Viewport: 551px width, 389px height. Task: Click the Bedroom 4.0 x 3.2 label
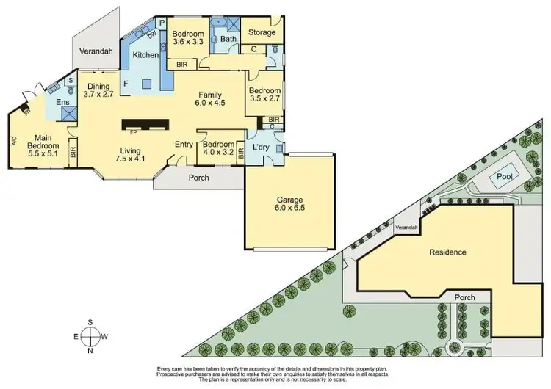217,148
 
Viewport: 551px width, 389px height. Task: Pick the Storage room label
262,32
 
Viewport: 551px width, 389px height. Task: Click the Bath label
227,39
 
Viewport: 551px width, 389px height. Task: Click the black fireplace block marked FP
145,124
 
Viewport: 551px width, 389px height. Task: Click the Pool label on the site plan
505,177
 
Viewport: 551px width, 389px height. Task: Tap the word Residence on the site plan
447,252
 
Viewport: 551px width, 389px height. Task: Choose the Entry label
184,144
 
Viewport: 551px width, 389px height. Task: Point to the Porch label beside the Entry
198,178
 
